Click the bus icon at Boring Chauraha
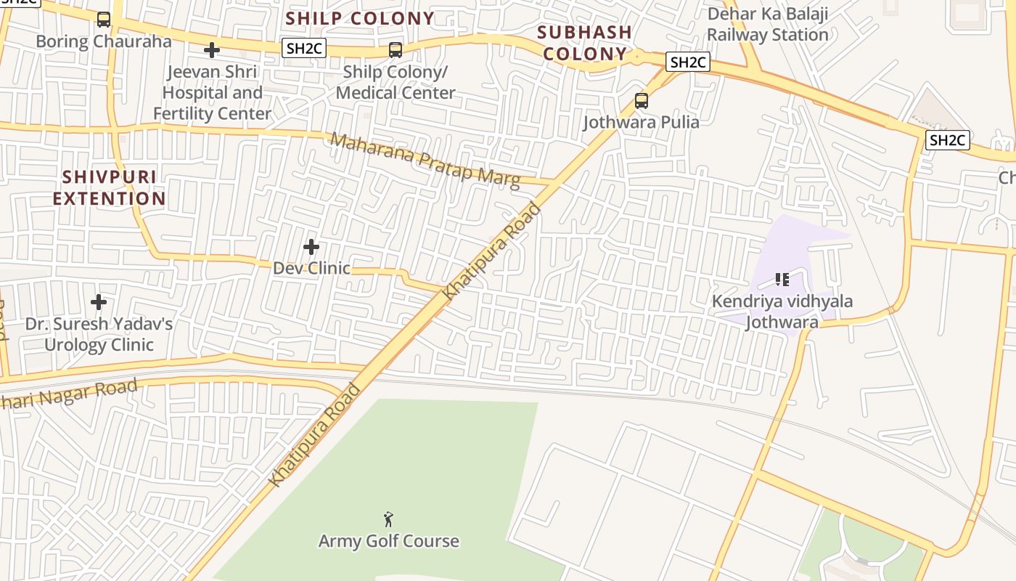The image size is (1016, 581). tap(104, 20)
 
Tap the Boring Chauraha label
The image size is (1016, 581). tap(104, 41)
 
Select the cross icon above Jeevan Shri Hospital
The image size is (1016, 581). tap(212, 50)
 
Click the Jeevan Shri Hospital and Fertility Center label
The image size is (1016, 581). tap(212, 93)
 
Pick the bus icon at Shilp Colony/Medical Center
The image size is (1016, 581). tap(396, 50)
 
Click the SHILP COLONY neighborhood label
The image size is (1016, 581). tap(360, 19)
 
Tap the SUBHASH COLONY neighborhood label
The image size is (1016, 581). tap(584, 43)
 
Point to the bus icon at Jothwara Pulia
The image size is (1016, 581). tap(642, 101)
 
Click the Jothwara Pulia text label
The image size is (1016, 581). tap(642, 122)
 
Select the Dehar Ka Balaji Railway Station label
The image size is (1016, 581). tap(768, 25)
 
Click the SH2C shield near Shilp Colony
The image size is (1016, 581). tap(304, 49)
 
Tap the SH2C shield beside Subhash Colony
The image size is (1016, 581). tap(687, 62)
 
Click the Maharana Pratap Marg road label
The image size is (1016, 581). tap(425, 161)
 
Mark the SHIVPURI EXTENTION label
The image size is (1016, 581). tap(110, 188)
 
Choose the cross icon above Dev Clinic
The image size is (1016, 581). tap(311, 248)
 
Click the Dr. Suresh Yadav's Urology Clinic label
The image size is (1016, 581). tap(99, 334)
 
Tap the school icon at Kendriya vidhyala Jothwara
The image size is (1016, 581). tap(782, 280)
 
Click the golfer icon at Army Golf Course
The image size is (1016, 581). tap(389, 519)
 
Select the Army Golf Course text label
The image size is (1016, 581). tap(389, 541)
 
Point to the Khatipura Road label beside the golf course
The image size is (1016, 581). tap(314, 435)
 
